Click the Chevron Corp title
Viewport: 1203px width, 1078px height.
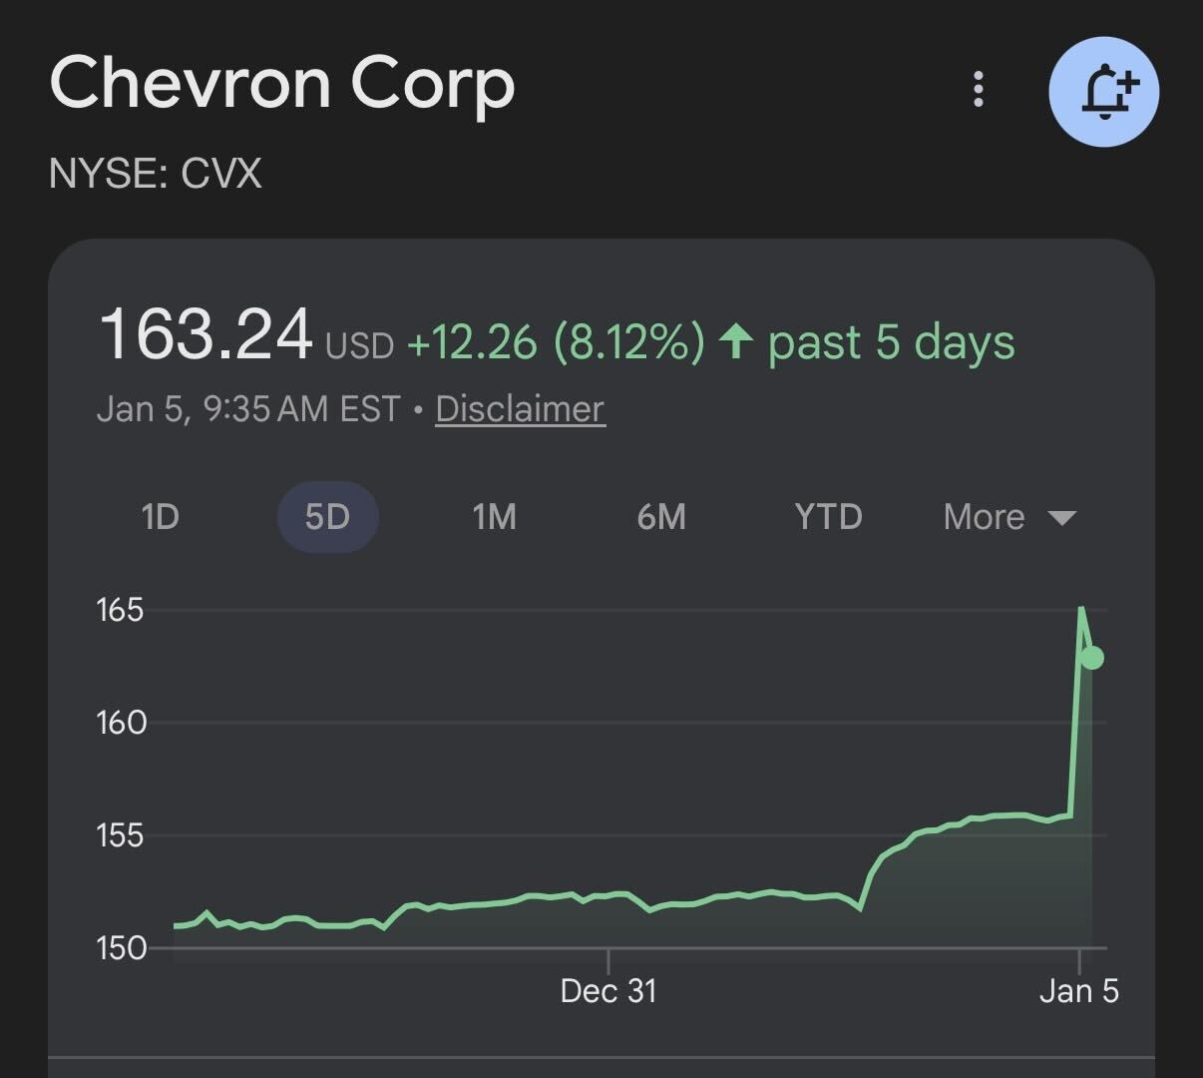pyautogui.click(x=282, y=84)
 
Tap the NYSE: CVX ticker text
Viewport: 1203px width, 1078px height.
pyautogui.click(x=156, y=175)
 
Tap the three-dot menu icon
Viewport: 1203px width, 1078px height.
pyautogui.click(x=979, y=90)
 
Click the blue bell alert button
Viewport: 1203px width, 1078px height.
pyautogui.click(x=1104, y=92)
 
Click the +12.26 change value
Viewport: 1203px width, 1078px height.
pyautogui.click(x=472, y=342)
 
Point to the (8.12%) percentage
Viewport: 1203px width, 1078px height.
pyautogui.click(x=628, y=342)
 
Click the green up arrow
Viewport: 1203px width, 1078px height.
pyautogui.click(x=736, y=341)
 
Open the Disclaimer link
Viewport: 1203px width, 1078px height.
pyautogui.click(x=520, y=409)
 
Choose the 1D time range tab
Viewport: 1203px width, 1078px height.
pyautogui.click(x=160, y=517)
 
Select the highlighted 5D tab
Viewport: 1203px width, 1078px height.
pyautogui.click(x=327, y=517)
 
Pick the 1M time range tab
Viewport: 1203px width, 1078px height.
pyautogui.click(x=494, y=517)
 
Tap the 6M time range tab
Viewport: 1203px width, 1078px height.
pyautogui.click(x=661, y=517)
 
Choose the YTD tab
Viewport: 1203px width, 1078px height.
pyautogui.click(x=828, y=517)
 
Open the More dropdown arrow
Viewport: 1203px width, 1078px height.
pyautogui.click(x=1062, y=518)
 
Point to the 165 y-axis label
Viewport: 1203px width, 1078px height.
pyautogui.click(x=120, y=610)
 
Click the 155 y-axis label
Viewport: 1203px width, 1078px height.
pyautogui.click(x=120, y=835)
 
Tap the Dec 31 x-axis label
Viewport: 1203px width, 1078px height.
pyautogui.click(x=608, y=991)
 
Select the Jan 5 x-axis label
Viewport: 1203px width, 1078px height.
pyautogui.click(x=1079, y=991)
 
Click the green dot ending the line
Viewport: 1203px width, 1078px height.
pyautogui.click(x=1092, y=658)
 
